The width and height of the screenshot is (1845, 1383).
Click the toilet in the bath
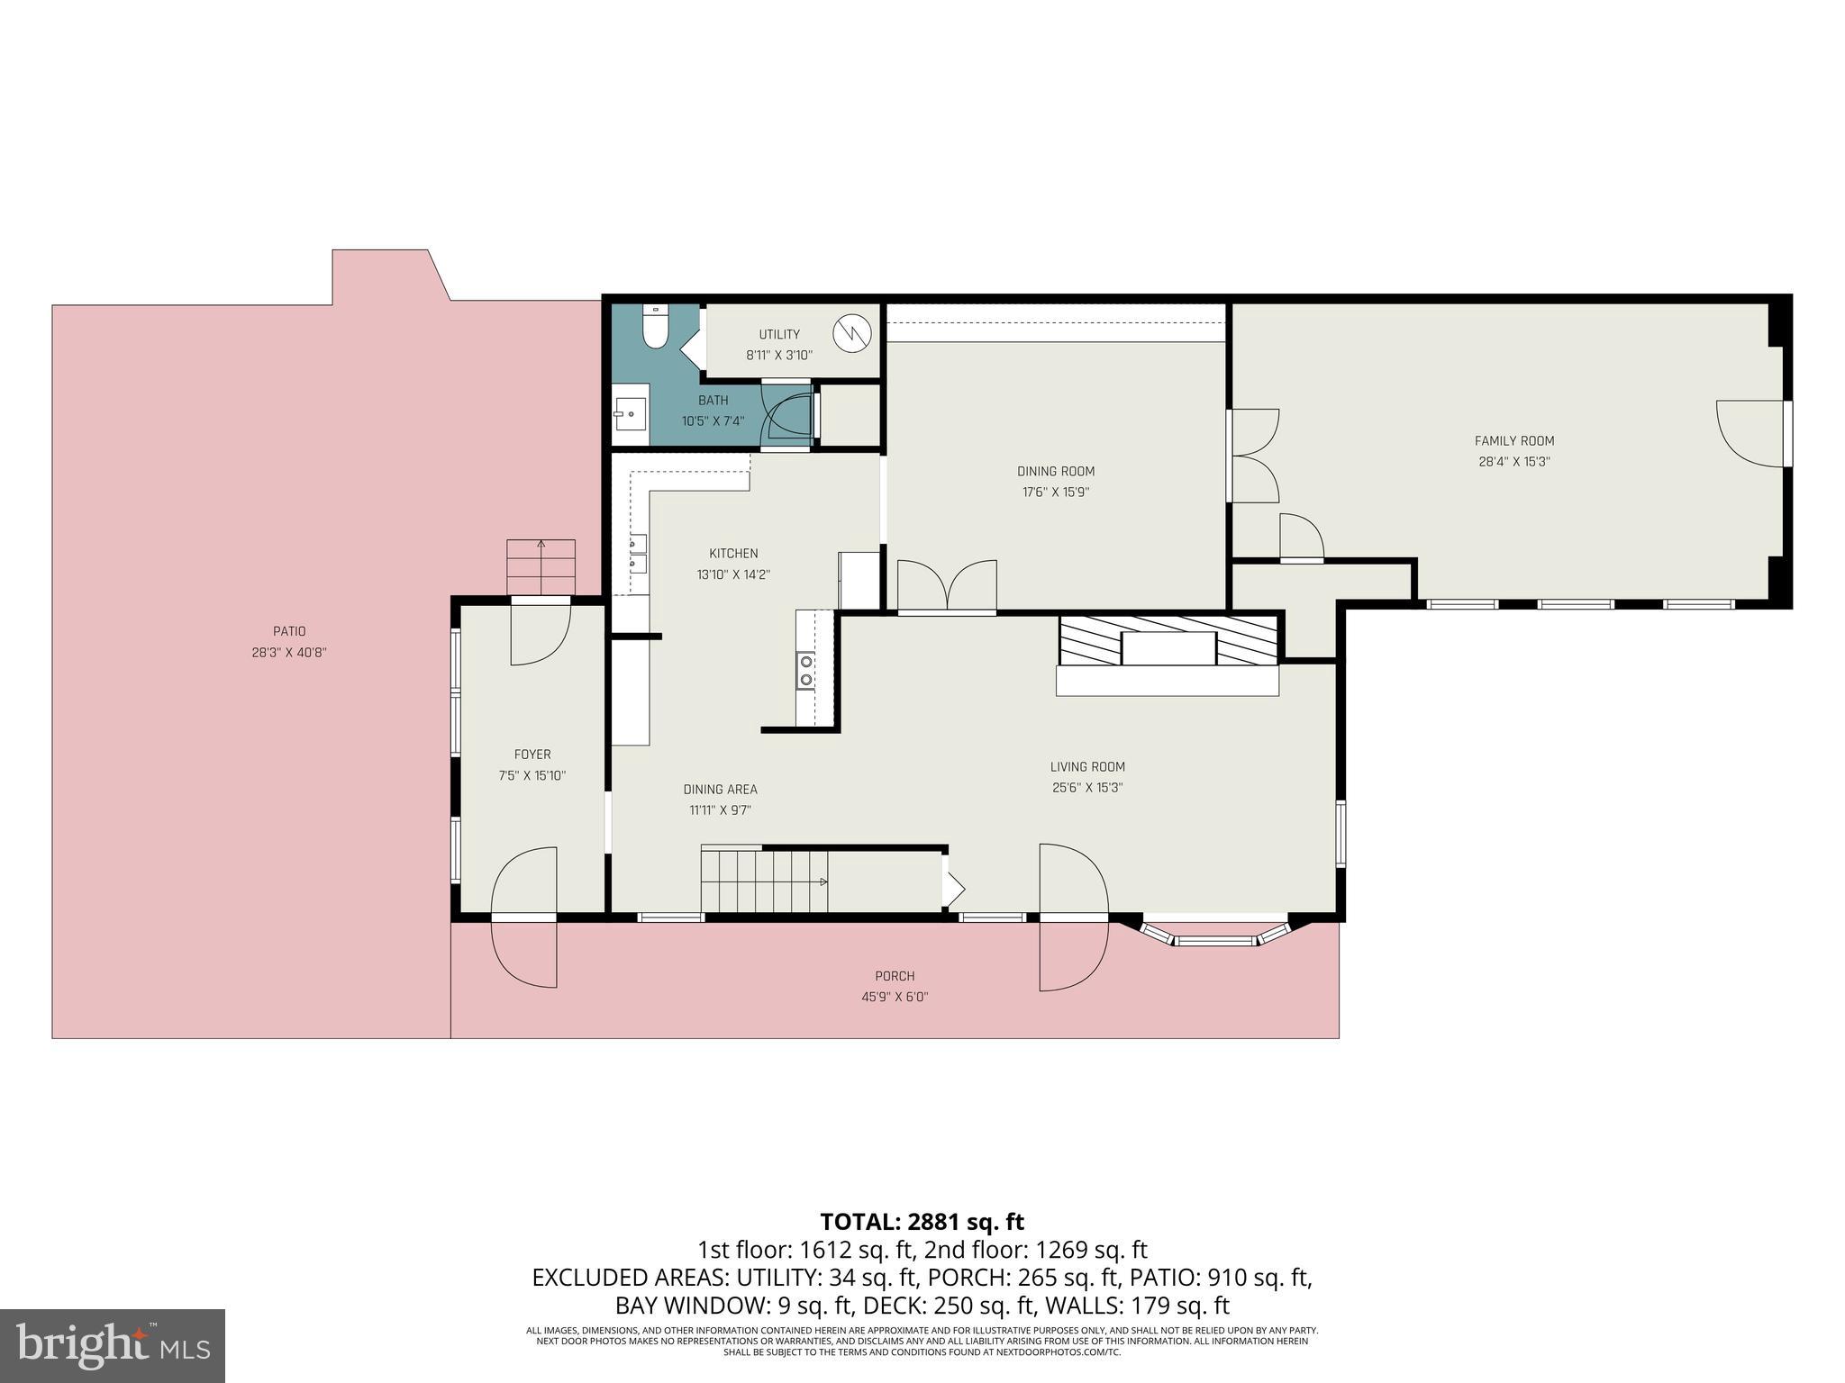655,328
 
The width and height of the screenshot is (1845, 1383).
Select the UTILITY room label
778,335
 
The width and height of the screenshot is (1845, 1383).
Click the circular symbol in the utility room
851,334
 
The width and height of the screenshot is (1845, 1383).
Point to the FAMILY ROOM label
1513,441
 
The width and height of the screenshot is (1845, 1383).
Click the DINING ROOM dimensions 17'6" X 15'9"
1056,493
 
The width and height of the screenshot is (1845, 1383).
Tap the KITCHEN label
733,554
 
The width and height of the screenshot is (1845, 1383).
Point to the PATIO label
289,632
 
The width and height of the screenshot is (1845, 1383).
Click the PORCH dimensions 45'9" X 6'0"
894,997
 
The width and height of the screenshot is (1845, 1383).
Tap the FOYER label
532,755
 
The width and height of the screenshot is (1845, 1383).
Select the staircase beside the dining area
764,881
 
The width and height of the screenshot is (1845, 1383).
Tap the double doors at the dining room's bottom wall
947,588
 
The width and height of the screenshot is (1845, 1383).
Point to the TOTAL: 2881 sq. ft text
922,1222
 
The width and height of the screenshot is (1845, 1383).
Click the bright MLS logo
113,1346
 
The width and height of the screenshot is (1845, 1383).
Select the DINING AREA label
720,790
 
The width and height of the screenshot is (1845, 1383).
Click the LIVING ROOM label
1087,767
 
